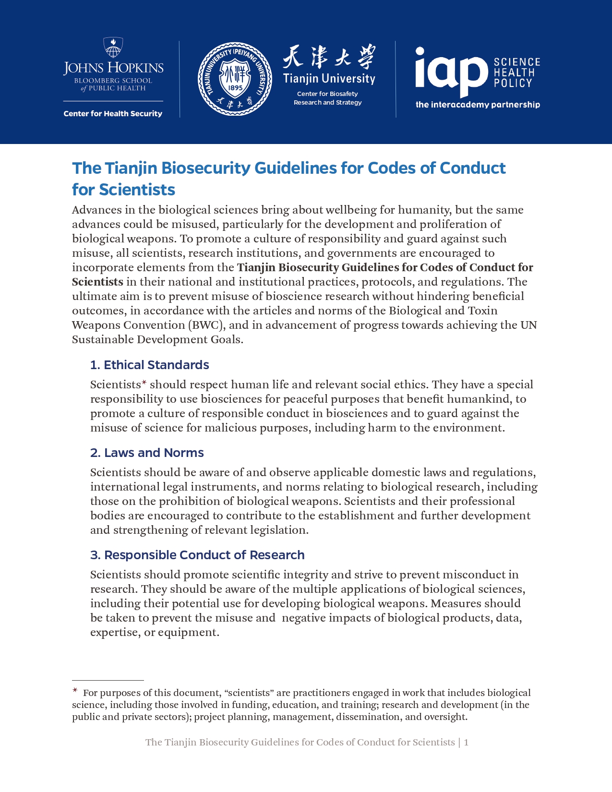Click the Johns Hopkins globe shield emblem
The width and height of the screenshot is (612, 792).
[113, 48]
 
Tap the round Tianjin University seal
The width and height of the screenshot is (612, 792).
[235, 79]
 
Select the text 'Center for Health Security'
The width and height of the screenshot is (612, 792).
[113, 114]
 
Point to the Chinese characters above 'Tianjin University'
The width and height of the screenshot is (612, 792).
[329, 57]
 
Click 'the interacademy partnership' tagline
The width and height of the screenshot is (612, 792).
[478, 105]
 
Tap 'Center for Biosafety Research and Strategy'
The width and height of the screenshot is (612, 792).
[328, 98]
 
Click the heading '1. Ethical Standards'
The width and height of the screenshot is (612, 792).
[149, 365]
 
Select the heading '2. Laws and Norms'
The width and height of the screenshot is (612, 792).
[147, 453]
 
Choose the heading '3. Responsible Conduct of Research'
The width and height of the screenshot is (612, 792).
[197, 555]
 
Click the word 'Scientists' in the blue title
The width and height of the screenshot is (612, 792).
[123, 190]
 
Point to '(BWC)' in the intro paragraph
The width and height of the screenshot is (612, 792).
[206, 325]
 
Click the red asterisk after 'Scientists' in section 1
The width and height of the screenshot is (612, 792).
[144, 383]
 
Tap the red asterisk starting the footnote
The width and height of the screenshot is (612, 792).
[75, 691]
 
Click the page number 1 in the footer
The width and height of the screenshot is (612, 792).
[466, 742]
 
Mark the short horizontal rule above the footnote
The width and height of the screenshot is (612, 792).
[108, 680]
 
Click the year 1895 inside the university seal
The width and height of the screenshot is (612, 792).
[235, 88]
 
